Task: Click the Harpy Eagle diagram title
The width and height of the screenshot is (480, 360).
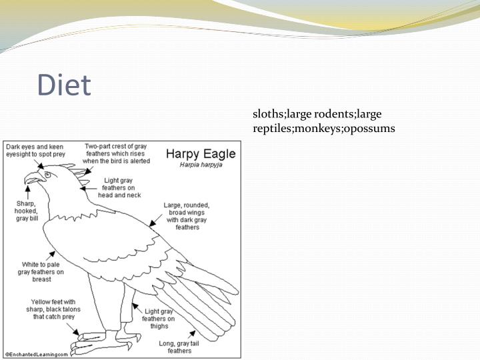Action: (199, 153)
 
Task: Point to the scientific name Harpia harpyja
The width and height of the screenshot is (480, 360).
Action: (199, 164)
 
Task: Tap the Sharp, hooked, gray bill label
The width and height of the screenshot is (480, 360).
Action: (25, 211)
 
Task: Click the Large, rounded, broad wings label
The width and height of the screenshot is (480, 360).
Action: (187, 215)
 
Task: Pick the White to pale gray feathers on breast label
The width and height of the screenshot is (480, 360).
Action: (41, 273)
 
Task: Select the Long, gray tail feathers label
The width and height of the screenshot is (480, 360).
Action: (180, 347)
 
